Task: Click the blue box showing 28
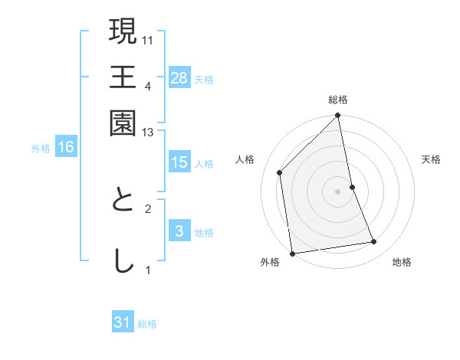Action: coord(179,78)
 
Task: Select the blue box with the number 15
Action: coord(179,162)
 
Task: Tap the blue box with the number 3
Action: coord(179,231)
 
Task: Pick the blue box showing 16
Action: coord(66,147)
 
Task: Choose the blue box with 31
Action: coord(123,322)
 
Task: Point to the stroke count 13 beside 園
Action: coord(147,133)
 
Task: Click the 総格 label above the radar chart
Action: coord(338,100)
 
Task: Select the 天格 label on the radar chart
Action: coord(431,159)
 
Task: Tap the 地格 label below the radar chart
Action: coord(402,262)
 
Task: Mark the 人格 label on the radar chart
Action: coord(245,159)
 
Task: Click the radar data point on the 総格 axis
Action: coord(338,116)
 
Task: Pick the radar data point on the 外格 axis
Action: coord(292,253)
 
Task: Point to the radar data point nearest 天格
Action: coord(352,186)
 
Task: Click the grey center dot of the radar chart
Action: coord(338,191)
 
